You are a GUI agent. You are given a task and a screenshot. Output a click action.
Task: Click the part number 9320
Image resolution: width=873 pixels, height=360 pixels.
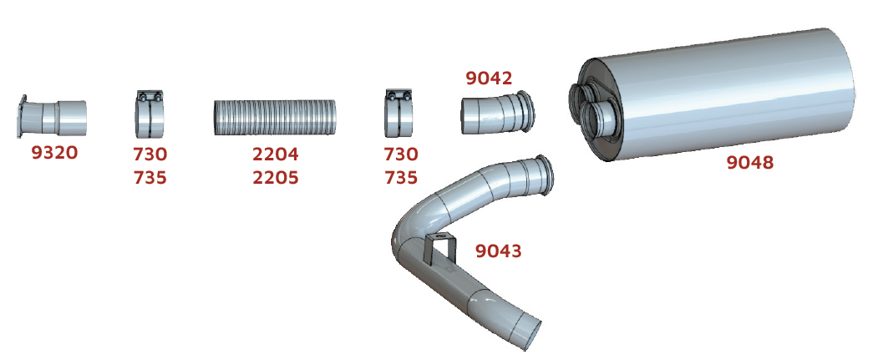pyautogui.click(x=54, y=153)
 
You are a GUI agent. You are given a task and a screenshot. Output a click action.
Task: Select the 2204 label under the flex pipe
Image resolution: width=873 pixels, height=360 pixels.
pyautogui.click(x=276, y=154)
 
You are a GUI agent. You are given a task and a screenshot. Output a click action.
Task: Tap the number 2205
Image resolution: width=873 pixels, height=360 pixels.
pyautogui.click(x=276, y=178)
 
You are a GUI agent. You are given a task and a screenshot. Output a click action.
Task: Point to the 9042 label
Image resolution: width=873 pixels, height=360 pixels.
pyautogui.click(x=489, y=79)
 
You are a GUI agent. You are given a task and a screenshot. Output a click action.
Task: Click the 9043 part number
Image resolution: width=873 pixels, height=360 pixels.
pyautogui.click(x=498, y=251)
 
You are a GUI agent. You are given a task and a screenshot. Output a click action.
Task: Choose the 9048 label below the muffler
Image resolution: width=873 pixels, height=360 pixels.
pyautogui.click(x=750, y=163)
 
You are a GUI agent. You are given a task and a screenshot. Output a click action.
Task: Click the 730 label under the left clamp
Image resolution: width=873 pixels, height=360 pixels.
pyautogui.click(x=150, y=154)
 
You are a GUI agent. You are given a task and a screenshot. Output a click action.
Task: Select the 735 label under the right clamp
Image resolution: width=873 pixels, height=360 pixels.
pyautogui.click(x=401, y=178)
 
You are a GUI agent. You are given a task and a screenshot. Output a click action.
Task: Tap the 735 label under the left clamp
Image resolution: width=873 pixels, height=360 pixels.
pyautogui.click(x=150, y=178)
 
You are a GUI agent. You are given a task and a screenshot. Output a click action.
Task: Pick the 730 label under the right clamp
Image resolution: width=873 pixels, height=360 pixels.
pyautogui.click(x=401, y=154)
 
